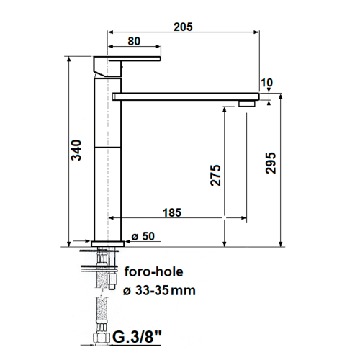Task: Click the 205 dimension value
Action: (x=183, y=27)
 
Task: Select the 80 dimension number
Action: (x=134, y=41)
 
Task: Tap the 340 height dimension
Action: (x=77, y=150)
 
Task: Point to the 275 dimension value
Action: (x=215, y=175)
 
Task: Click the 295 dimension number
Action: (x=271, y=163)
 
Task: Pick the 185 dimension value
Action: (x=172, y=212)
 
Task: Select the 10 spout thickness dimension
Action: (x=266, y=83)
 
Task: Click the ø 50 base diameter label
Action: (x=143, y=236)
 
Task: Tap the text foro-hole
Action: (x=154, y=271)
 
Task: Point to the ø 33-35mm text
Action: (x=159, y=290)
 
